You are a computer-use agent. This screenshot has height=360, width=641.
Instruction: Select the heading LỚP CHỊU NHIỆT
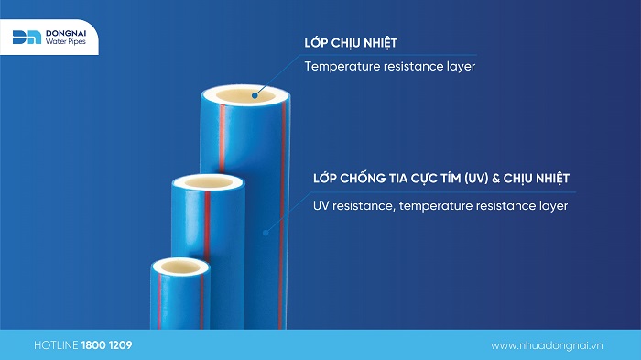[350, 43]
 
